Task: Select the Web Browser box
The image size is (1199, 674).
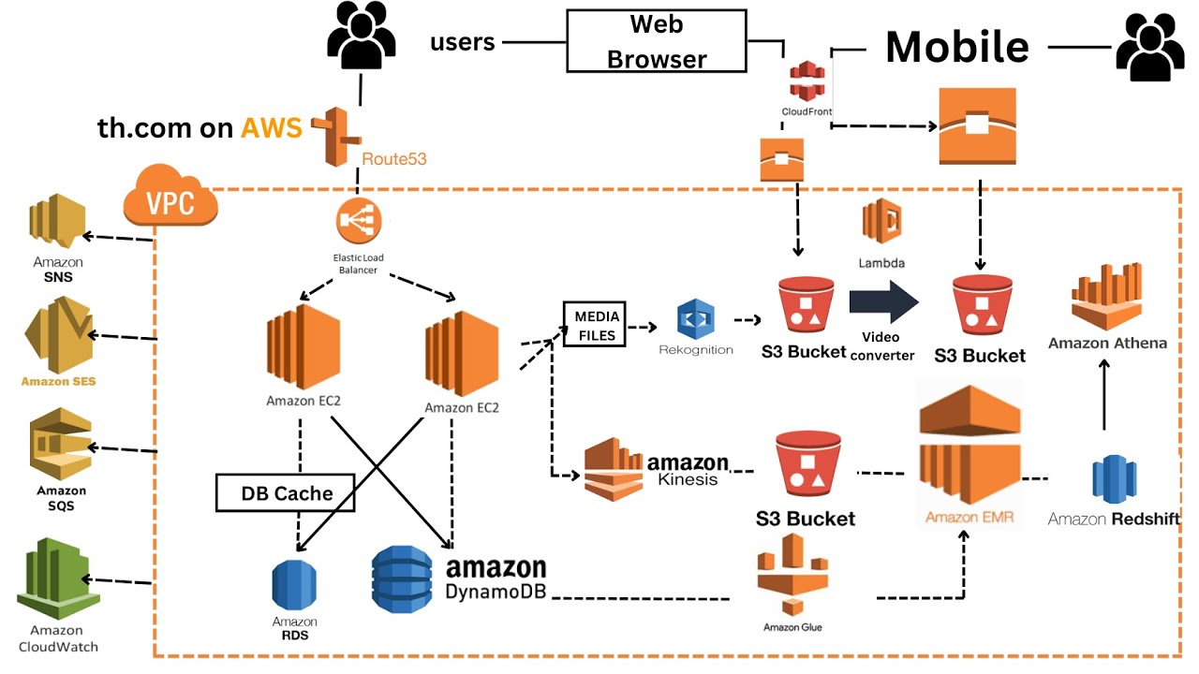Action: click(657, 41)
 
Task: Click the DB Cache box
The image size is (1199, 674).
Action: click(286, 492)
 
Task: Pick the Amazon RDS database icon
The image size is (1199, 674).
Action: click(295, 585)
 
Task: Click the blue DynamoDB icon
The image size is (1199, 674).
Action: click(402, 580)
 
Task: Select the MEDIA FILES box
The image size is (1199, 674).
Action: click(594, 324)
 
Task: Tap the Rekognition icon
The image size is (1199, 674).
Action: click(695, 320)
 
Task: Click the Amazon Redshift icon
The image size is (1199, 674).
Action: click(1114, 478)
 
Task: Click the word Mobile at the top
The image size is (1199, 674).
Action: click(956, 46)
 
